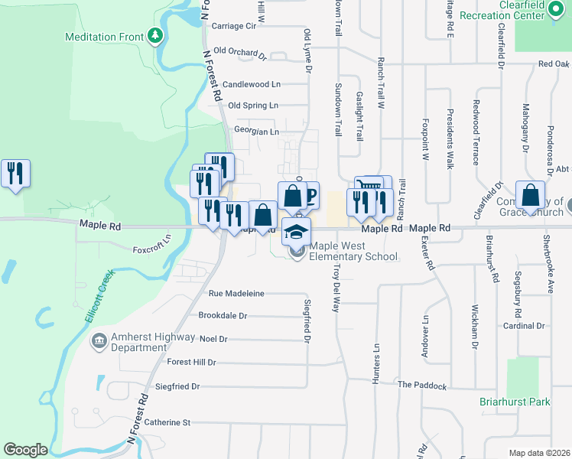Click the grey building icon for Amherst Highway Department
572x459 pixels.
coord(98,340)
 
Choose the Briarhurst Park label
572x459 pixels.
coord(525,401)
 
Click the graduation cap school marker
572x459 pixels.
coord(297,230)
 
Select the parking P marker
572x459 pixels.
coord(310,194)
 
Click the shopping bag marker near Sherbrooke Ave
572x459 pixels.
coord(530,195)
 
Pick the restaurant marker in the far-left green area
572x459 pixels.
coord(15,173)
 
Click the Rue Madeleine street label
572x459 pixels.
coord(236,293)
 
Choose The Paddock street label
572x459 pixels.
coord(421,386)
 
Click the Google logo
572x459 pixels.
coord(25,450)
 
